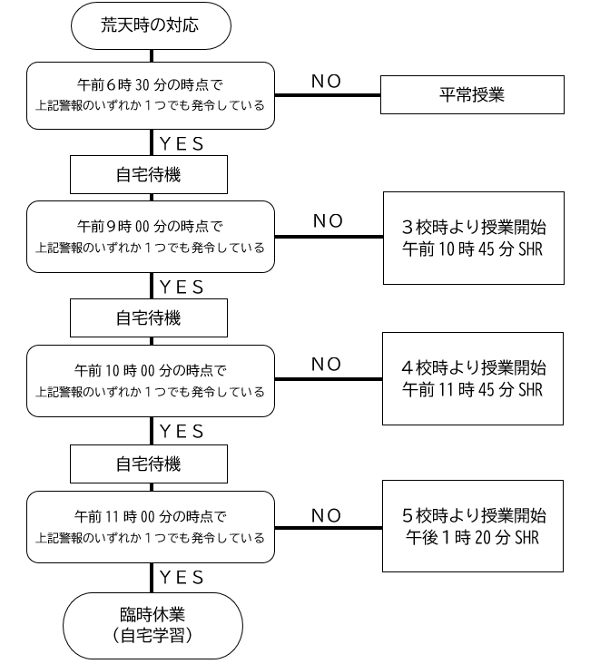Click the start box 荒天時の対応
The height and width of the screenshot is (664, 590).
point(151,25)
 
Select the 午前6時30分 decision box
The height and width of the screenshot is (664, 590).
point(151,96)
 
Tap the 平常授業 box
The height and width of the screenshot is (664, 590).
point(472,95)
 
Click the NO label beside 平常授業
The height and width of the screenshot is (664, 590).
point(327,82)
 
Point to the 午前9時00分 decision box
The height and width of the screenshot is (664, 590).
point(151,237)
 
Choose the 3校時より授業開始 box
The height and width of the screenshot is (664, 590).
point(474,238)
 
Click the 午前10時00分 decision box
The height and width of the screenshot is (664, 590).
point(151,381)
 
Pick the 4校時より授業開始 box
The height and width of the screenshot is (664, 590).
point(473,378)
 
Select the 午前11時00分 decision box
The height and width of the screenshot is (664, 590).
point(151,527)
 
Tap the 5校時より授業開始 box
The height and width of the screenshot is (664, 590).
point(473,526)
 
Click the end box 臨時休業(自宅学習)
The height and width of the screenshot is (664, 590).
point(152,626)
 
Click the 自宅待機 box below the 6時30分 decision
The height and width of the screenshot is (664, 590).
point(149,174)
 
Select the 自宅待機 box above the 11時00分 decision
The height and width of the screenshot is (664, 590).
point(149,464)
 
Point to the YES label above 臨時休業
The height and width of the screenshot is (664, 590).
point(182,578)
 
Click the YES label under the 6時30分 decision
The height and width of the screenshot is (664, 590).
point(182,144)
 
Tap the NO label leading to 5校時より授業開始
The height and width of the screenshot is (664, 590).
point(327,516)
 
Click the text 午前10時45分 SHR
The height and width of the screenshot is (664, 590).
point(473,249)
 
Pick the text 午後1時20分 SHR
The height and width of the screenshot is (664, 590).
point(473,538)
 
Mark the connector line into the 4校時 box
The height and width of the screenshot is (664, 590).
point(329,379)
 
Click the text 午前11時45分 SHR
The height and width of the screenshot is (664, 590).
point(473,389)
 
